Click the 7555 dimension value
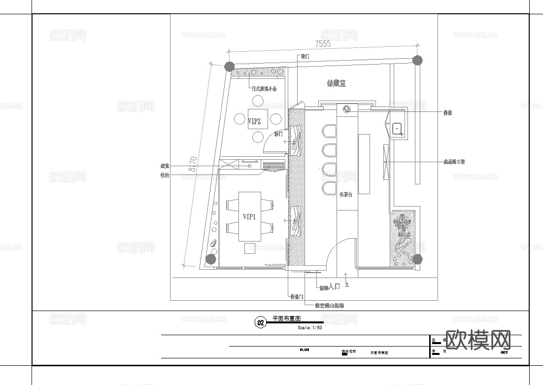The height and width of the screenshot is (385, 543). pyautogui.click(x=323, y=44)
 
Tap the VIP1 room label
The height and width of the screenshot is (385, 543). pyautogui.click(x=249, y=216)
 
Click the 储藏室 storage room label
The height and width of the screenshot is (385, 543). pyautogui.click(x=337, y=84)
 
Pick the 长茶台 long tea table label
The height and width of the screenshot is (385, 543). pyautogui.click(x=346, y=195)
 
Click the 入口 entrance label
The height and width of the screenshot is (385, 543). pyautogui.click(x=334, y=286)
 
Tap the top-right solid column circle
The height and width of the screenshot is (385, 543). pyautogui.click(x=417, y=61)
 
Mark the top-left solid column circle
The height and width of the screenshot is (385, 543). pyautogui.click(x=229, y=66)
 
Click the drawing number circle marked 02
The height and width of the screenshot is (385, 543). pyautogui.click(x=260, y=323)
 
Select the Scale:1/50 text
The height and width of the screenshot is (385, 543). pyautogui.click(x=310, y=328)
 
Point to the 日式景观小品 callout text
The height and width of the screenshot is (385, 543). pyautogui.click(x=265, y=89)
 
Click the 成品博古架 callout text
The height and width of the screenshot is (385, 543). pyautogui.click(x=454, y=161)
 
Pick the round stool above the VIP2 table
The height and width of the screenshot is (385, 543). pyautogui.click(x=258, y=101)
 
